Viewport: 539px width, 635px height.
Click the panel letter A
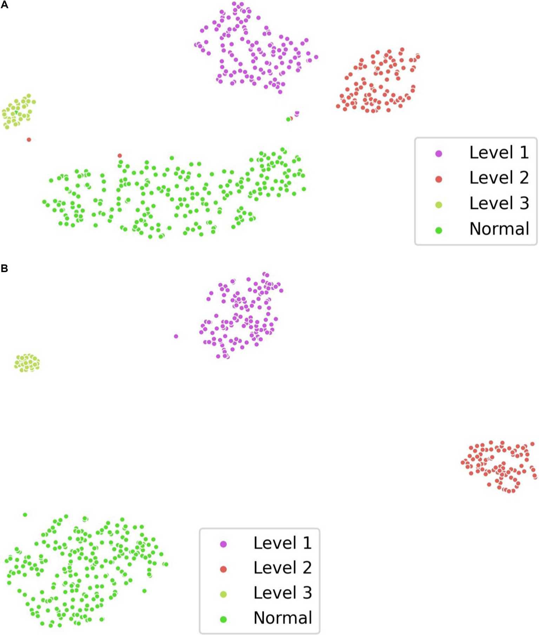[4, 5]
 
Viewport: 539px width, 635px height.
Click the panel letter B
[4, 268]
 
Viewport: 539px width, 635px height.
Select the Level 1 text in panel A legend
[499, 153]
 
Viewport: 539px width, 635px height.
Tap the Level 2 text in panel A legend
[499, 178]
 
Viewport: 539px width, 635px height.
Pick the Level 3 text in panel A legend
[499, 203]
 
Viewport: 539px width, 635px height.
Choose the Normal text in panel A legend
[499, 229]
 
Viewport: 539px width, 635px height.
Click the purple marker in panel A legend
[439, 154]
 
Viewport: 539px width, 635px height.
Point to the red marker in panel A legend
[439, 179]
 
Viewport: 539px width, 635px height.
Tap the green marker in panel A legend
[439, 230]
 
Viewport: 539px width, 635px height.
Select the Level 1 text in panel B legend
[282, 543]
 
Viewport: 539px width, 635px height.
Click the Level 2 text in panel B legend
[282, 568]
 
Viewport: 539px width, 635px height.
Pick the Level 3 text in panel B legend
[282, 593]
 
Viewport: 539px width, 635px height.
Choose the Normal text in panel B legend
[283, 618]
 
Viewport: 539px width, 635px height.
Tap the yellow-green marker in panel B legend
[223, 594]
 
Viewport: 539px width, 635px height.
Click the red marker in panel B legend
[223, 569]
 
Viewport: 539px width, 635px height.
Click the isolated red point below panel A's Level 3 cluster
[29, 140]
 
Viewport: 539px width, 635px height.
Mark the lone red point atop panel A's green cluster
[120, 156]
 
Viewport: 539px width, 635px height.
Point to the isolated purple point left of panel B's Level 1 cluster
[176, 336]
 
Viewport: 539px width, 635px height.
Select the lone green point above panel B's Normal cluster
[25, 515]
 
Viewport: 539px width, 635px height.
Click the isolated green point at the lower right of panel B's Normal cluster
[144, 591]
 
